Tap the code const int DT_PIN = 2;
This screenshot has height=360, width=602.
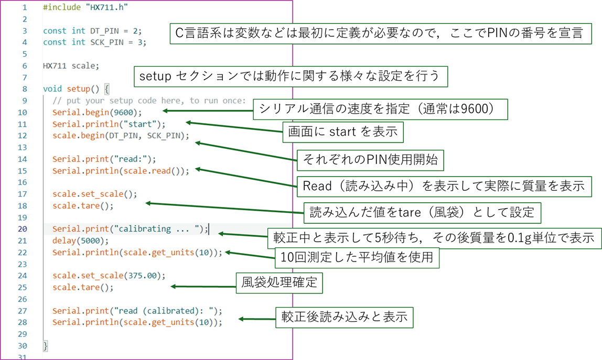[x=92, y=31]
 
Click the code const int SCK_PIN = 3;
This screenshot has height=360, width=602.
[x=94, y=42]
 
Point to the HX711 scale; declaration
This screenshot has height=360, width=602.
[x=71, y=66]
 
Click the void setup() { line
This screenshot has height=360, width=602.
[x=76, y=89]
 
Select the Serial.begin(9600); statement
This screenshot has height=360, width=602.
[x=97, y=112]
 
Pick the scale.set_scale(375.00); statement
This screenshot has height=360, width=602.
[x=109, y=276]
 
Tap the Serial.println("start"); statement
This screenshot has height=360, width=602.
[x=109, y=124]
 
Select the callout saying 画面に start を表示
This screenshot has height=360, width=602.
[x=343, y=132]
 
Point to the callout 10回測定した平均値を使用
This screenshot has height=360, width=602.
[x=357, y=258]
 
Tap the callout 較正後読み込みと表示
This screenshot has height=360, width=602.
[x=345, y=318]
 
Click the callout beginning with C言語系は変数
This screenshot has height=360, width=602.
[x=380, y=35]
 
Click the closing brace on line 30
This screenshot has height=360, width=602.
[x=46, y=346]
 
